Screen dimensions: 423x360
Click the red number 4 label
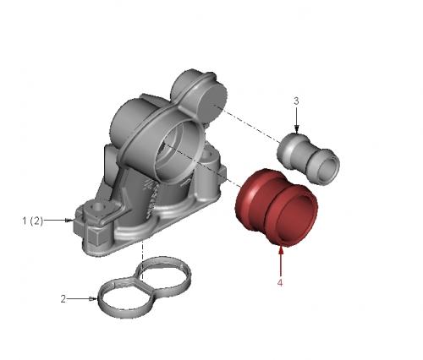coord(280,282)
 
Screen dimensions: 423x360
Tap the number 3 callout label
coord(296,101)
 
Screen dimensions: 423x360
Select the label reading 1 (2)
coord(33,221)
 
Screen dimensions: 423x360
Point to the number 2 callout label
coord(63,299)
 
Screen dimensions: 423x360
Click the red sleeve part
coord(277,208)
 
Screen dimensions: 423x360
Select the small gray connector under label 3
coord(308,159)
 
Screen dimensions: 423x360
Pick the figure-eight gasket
coord(144,286)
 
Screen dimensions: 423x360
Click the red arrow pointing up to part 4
coord(281,260)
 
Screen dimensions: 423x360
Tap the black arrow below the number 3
coord(296,119)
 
